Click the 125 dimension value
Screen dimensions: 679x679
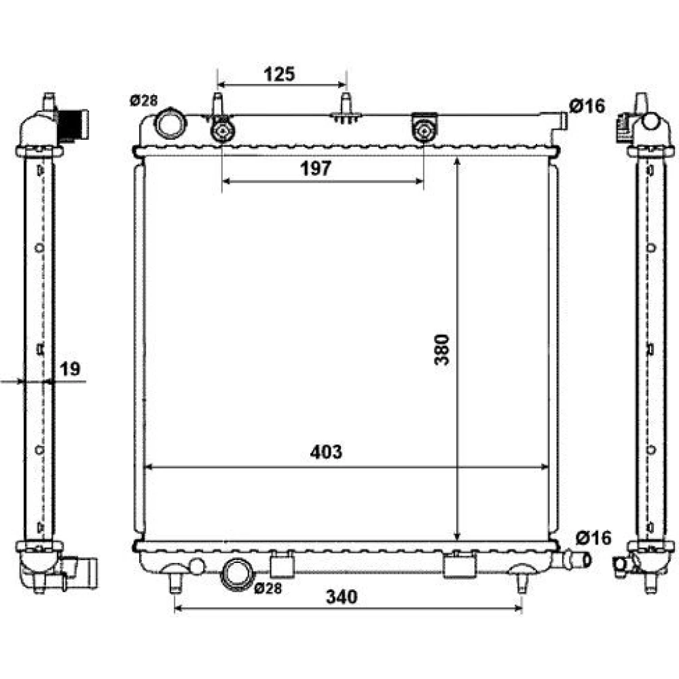pos(279,74)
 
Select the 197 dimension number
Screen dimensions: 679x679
pos(316,168)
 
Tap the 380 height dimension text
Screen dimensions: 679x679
pos(442,350)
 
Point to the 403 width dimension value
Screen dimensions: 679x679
pos(326,452)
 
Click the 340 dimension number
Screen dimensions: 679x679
pos(342,597)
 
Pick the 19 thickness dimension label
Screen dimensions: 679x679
pos(70,369)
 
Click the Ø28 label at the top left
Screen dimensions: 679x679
pos(143,101)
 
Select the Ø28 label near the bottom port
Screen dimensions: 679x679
pos(268,588)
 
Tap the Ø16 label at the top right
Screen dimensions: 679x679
pos(587,106)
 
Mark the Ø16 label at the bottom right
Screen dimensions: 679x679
pos(593,538)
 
